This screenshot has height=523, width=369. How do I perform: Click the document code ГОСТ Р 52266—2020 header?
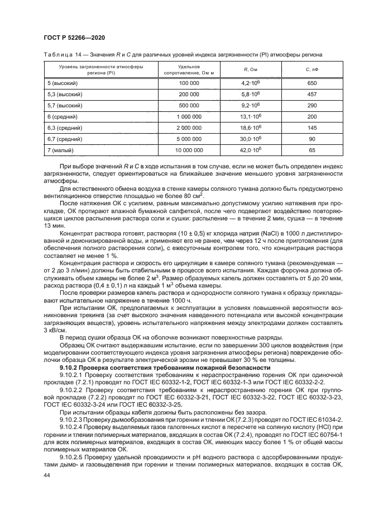74,37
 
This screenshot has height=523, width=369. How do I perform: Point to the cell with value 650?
312,83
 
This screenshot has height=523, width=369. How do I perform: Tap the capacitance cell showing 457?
312,94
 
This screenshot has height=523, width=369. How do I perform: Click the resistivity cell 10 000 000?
189,150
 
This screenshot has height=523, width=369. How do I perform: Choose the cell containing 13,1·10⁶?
250,116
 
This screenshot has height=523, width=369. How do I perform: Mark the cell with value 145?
312,128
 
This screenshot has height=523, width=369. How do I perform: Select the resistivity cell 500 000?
189,105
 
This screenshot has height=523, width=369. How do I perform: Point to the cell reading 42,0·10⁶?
250,150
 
